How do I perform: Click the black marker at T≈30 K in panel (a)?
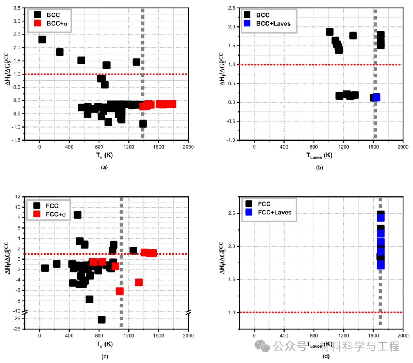coord(42,39)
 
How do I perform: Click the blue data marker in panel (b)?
coord(377,98)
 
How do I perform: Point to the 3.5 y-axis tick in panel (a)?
coord(16,8)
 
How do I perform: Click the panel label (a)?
coord(104,168)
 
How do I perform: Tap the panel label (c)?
coord(104,357)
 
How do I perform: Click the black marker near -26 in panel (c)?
coord(101,319)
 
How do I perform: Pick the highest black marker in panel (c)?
coord(78,215)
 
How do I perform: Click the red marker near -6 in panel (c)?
coord(120,291)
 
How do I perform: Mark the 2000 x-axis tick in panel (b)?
coord(403,147)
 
